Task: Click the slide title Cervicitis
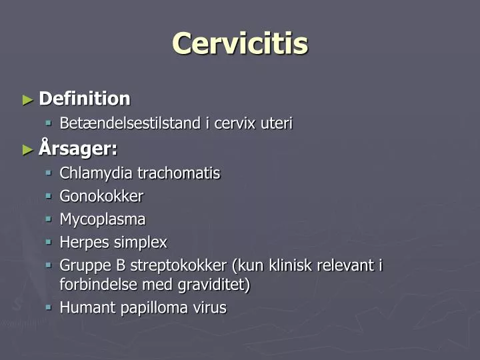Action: click(x=240, y=44)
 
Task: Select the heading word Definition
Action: click(x=85, y=99)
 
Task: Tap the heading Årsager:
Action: click(x=78, y=149)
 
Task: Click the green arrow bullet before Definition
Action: click(x=27, y=100)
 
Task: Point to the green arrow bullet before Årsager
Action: click(x=27, y=149)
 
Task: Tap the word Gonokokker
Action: click(x=101, y=196)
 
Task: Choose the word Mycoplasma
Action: click(x=103, y=219)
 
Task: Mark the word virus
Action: click(x=210, y=308)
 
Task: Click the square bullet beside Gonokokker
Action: click(x=49, y=196)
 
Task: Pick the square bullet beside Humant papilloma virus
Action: click(x=49, y=307)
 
